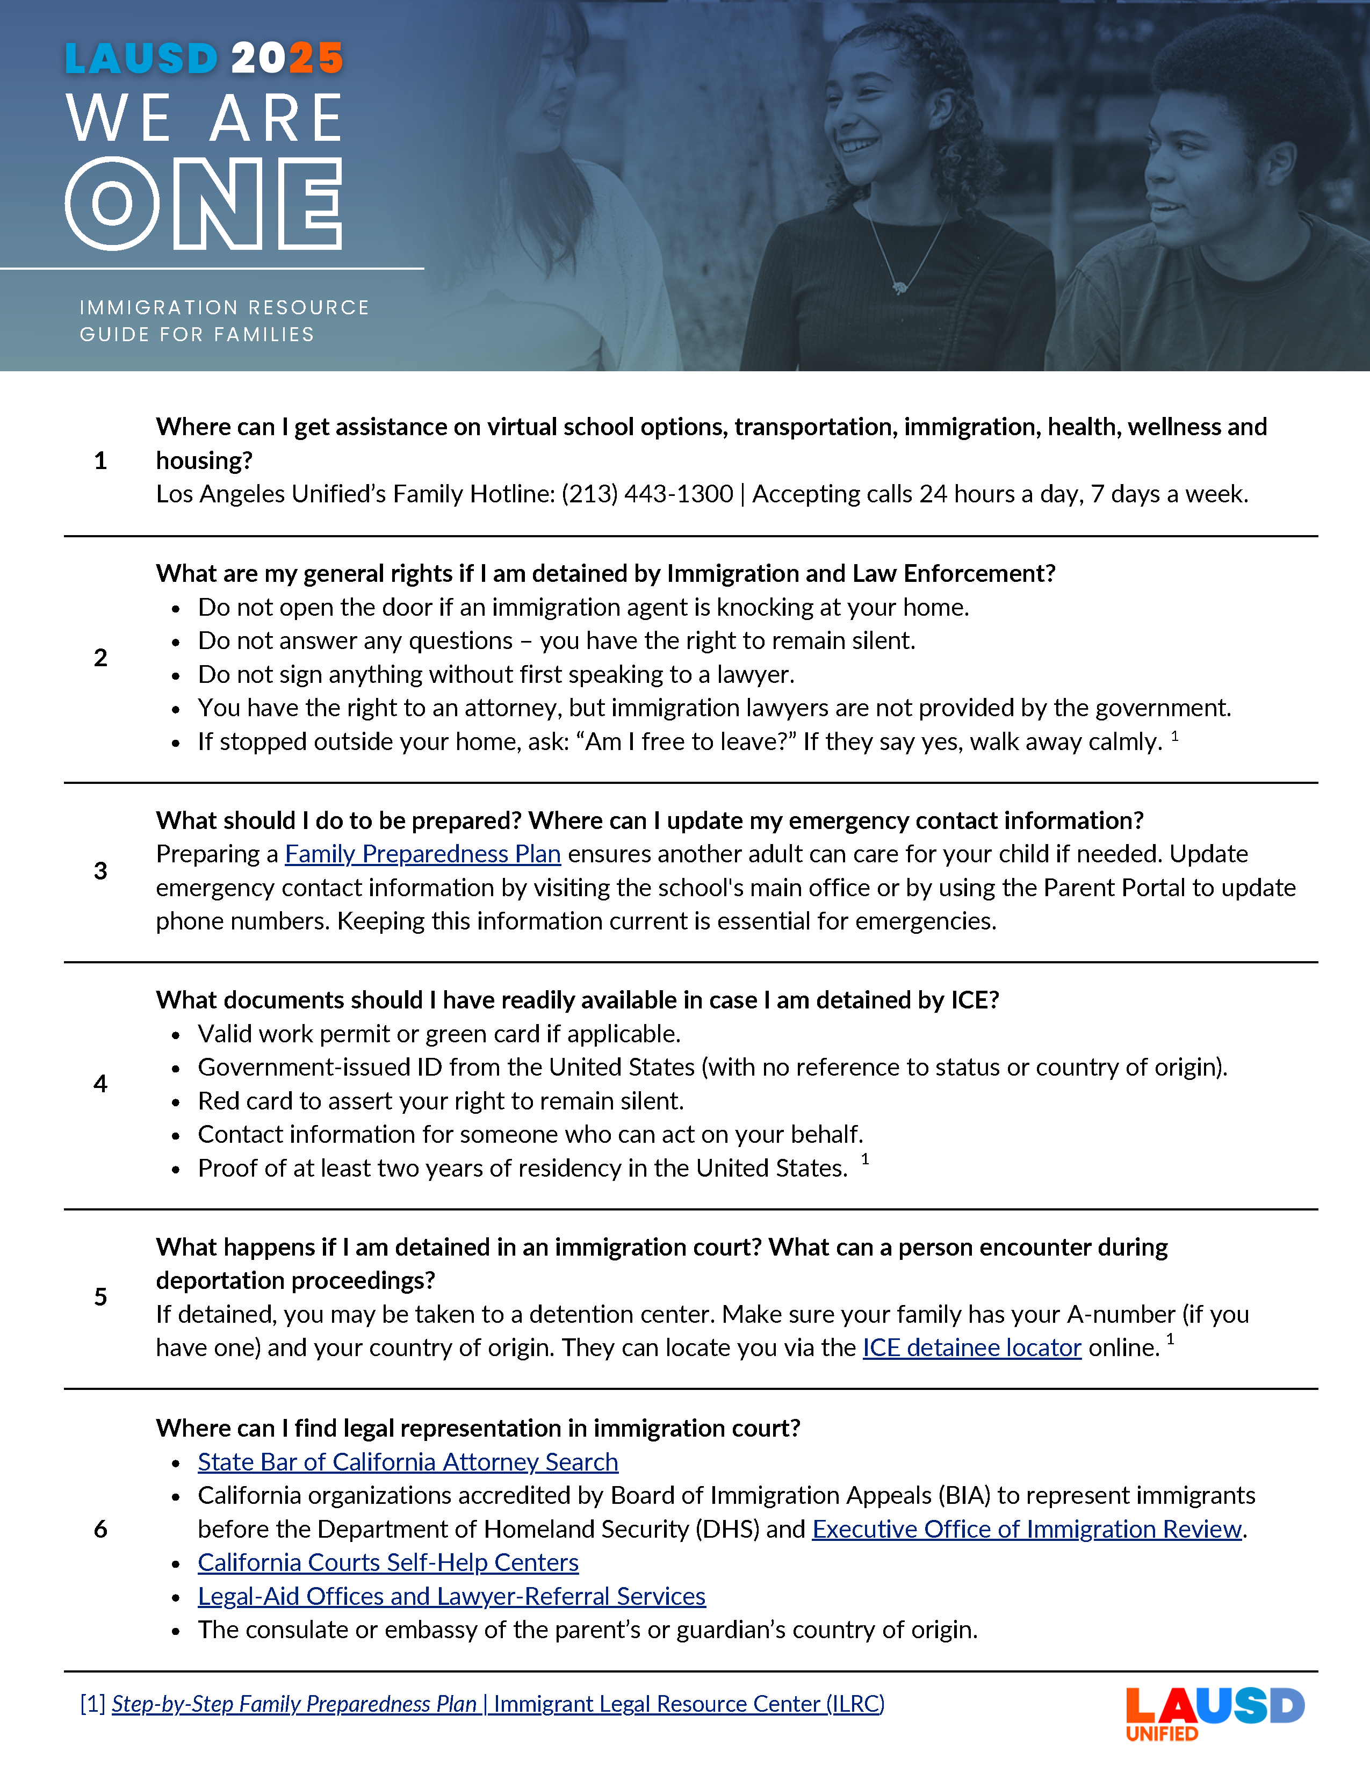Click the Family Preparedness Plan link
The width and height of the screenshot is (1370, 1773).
[x=422, y=854]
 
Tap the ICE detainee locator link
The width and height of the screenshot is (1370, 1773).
[x=971, y=1347]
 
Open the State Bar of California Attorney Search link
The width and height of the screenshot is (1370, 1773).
[x=407, y=1462]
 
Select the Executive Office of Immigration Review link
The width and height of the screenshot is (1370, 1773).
[x=1027, y=1530]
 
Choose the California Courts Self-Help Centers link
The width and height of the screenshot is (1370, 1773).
[x=388, y=1563]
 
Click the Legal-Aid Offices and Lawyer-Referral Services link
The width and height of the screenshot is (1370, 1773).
[x=451, y=1597]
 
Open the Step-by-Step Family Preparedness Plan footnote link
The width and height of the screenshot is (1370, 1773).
[x=497, y=1704]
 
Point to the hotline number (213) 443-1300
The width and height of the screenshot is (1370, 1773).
[x=647, y=494]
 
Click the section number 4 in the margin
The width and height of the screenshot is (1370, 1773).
[x=100, y=1084]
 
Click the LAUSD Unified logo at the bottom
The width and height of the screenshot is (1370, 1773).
[x=1214, y=1713]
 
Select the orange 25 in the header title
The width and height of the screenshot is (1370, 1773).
[x=316, y=59]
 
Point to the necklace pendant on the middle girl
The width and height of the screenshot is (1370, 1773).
[x=899, y=286]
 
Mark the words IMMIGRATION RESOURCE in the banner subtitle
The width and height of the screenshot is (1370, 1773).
[x=224, y=308]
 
